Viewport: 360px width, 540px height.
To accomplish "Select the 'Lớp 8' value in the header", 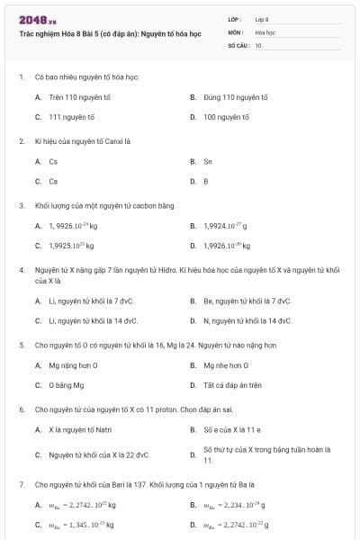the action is click(x=262, y=19).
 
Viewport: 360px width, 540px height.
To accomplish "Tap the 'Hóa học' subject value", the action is click(x=265, y=31).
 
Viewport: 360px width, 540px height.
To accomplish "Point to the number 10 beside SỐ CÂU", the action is click(x=258, y=44).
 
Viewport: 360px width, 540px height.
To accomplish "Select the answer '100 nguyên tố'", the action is click(x=226, y=117).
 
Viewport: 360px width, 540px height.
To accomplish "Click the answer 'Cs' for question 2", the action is click(x=53, y=161).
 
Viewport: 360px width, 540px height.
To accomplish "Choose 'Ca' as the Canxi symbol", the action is click(x=53, y=181).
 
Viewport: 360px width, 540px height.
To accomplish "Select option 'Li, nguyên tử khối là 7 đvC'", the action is click(x=90, y=301).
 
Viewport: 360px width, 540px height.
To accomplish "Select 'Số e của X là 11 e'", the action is click(x=232, y=429).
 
